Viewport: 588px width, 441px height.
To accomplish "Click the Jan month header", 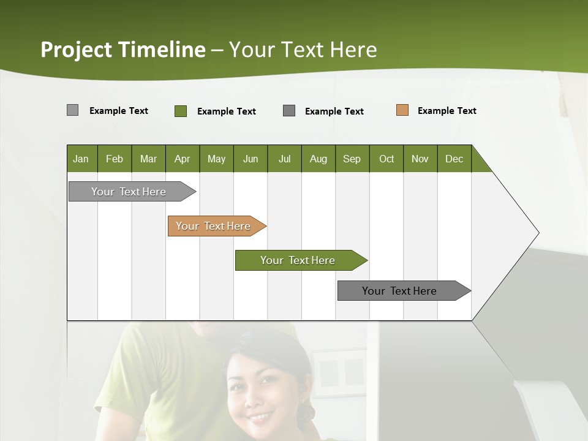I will point(81,159).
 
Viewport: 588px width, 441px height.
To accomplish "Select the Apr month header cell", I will point(183,159).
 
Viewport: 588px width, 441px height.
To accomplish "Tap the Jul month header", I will point(284,159).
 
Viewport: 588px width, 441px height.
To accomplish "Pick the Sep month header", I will point(352,159).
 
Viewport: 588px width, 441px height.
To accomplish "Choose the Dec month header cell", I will point(454,159).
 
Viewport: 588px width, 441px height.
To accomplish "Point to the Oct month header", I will point(386,159).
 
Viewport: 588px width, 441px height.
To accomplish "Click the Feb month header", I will point(115,159).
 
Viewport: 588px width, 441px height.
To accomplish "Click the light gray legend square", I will point(72,110).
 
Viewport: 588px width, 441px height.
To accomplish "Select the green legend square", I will point(181,111).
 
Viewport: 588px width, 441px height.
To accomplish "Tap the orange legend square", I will point(402,110).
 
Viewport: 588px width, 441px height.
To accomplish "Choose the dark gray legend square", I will point(289,111).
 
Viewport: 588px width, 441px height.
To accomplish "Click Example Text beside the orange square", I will point(447,111).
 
